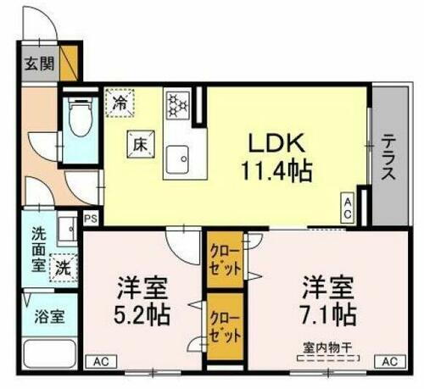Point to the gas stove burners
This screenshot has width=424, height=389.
coord(177,104)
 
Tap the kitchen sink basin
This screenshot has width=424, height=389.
coord(179,158)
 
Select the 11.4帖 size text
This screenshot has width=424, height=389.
coord(277,172)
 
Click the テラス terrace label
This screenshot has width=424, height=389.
coord(388,158)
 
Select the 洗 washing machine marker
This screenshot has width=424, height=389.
coord(63,266)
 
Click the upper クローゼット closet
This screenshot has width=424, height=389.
coord(225,259)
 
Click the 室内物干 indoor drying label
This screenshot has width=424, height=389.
coord(326,346)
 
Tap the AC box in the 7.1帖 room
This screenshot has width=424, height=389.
coord(389,362)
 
